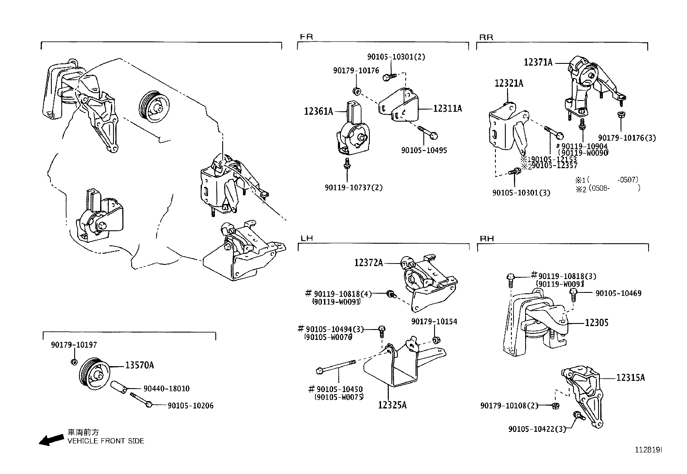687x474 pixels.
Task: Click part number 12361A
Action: click(318, 112)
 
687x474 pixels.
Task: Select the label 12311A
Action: click(447, 109)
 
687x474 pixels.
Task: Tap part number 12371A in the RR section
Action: click(538, 63)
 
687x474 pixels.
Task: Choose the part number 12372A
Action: click(369, 262)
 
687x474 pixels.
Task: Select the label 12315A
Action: click(630, 378)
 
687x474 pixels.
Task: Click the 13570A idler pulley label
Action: click(139, 365)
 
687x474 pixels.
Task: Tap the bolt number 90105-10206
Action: click(190, 405)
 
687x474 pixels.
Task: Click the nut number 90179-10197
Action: click(74, 345)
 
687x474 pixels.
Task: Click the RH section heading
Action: click(486, 239)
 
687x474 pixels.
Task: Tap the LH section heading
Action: click(306, 238)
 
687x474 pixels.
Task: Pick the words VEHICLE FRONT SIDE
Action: click(106, 441)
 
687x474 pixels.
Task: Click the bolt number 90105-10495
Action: click(424, 150)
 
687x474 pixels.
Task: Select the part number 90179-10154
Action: click(434, 321)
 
